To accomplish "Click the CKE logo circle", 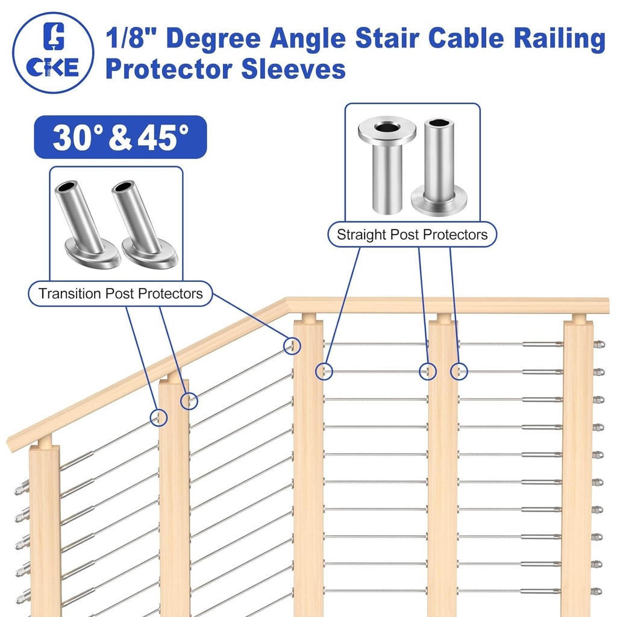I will click(x=54, y=53).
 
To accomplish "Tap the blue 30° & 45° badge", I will click(x=121, y=137).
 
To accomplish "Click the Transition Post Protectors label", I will click(x=121, y=293).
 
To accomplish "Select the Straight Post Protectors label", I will click(x=412, y=234).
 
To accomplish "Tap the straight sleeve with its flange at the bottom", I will click(x=439, y=166).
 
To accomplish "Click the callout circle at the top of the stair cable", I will click(x=292, y=345).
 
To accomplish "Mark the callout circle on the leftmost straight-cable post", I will click(x=324, y=371).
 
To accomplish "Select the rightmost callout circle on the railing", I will click(x=459, y=371).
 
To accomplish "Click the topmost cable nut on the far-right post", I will click(x=598, y=345).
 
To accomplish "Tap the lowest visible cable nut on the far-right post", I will click(x=597, y=591).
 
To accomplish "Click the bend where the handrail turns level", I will click(x=286, y=304).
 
